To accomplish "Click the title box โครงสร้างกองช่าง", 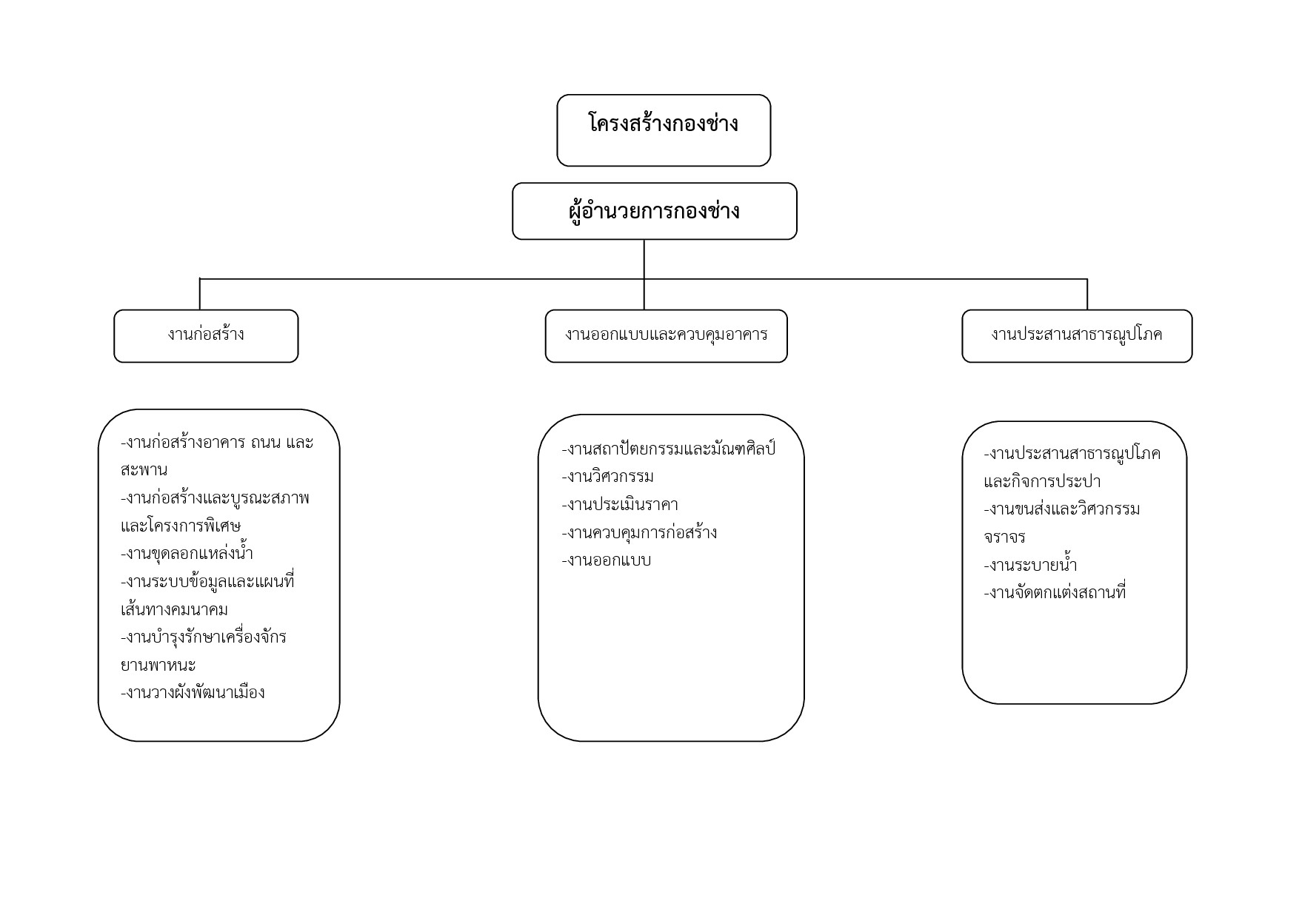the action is pos(664,130).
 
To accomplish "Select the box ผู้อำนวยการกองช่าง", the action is pos(655,211).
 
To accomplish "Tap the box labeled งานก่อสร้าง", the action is pos(206,336).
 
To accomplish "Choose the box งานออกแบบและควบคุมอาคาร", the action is pos(667,336).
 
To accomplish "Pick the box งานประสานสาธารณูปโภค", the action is pos(1077,336).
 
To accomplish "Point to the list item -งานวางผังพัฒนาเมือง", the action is pos(193,692).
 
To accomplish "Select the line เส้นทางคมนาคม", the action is pos(174,609).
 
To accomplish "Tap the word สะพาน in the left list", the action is pos(144,470).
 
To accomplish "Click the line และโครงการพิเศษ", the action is pos(181,526).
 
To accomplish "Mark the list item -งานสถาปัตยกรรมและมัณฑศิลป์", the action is pos(669,449).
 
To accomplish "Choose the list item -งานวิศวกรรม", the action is pos(608,476).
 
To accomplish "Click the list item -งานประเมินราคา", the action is pos(620,504).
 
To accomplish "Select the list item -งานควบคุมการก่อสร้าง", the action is pos(639,532).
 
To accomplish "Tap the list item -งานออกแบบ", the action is pos(607,560).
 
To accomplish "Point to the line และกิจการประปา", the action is pos(1042,481).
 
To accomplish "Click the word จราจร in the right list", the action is pos(1004,537).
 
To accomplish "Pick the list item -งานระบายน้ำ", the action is pos(1031,565).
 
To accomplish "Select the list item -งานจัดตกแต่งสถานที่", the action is pos(1055,592).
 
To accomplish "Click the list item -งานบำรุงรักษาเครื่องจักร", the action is pos(204,637).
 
